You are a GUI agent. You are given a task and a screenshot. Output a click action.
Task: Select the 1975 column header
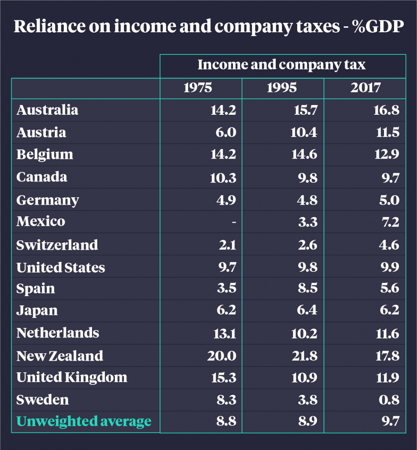pos(198,88)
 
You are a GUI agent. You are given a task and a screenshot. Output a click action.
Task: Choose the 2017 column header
pos(366,88)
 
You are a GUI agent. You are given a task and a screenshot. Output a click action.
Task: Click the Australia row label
pos(47,110)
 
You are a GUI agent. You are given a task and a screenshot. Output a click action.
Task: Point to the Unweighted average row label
pos(84,421)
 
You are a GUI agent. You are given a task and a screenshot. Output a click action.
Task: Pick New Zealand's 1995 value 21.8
pos(304,355)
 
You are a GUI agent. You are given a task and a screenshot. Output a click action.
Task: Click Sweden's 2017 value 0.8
pos(388,400)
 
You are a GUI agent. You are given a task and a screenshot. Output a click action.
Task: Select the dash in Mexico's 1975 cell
pos(234,222)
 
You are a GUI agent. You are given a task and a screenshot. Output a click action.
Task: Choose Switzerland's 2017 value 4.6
pos(388,245)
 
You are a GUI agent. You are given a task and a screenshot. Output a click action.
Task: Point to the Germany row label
pos(47,200)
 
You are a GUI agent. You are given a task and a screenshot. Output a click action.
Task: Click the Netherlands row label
pos(57,333)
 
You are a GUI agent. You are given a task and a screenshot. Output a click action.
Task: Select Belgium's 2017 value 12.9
pos(387,154)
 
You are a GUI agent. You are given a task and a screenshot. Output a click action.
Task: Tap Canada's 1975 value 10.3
pos(223,177)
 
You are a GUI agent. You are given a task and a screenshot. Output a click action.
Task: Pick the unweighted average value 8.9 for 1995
pos(306,421)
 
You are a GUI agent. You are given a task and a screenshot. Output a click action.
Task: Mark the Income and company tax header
pos(281,65)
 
